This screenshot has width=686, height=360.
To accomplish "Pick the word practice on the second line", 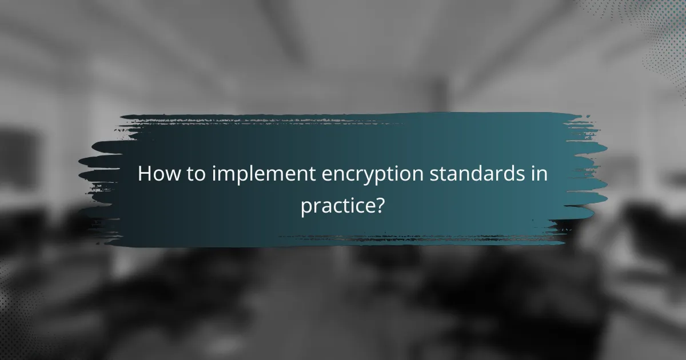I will click(337, 206).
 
